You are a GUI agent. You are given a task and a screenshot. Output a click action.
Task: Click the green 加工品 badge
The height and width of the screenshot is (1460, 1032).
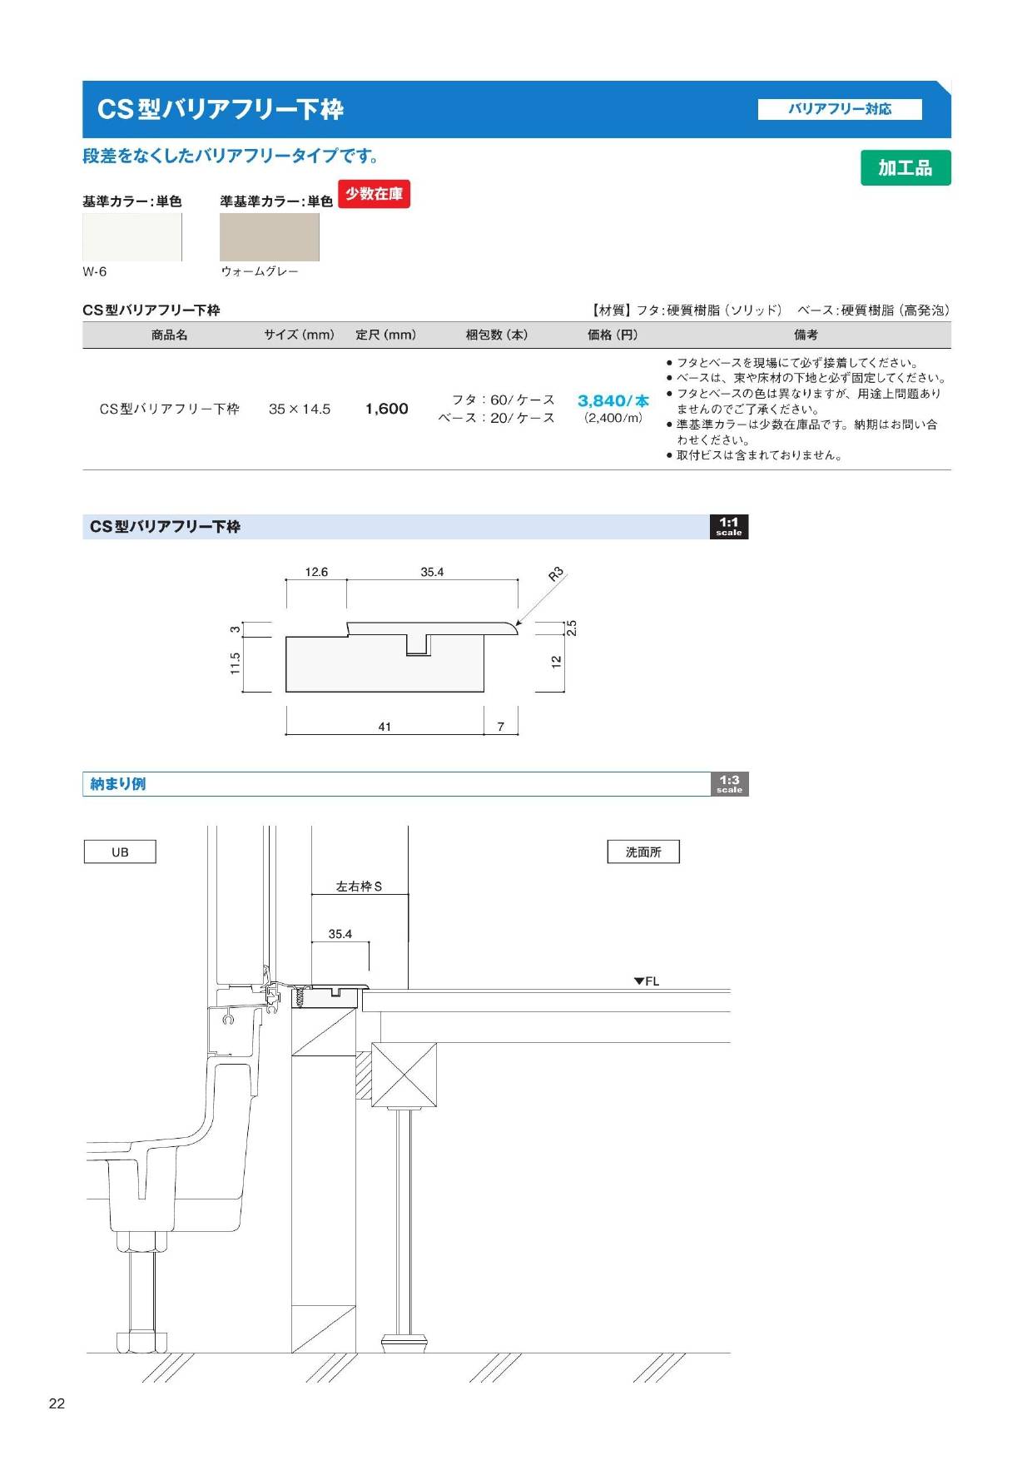coord(905,167)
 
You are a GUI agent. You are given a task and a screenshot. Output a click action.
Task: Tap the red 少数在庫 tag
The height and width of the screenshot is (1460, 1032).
coord(374,194)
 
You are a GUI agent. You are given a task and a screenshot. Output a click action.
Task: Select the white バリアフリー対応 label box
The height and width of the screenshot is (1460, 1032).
coord(840,109)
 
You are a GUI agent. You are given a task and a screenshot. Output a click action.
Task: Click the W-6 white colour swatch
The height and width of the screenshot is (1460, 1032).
coord(132,237)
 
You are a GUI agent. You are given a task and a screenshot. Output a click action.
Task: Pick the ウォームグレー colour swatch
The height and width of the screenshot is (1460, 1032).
coord(270,237)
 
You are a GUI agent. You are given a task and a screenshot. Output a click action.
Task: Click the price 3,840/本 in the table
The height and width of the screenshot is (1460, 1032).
coord(613,400)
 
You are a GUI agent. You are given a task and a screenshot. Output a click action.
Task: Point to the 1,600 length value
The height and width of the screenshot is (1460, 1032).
coord(387,409)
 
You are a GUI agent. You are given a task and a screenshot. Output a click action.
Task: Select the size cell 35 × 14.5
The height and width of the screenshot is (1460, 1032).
coord(300,409)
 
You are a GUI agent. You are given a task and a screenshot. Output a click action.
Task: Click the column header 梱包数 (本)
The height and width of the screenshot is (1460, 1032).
coord(497,335)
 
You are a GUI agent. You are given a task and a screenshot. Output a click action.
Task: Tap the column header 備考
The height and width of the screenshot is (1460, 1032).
coord(806,335)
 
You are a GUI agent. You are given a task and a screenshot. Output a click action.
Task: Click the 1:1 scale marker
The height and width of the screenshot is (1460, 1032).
coord(729,527)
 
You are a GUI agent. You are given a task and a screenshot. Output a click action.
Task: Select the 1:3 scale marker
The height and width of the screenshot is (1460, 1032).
coord(729,784)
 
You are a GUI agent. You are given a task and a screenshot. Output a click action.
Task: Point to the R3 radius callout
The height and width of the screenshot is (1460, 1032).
coord(557,574)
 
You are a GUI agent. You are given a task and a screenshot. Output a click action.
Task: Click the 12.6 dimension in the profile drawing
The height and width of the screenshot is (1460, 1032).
coord(316,572)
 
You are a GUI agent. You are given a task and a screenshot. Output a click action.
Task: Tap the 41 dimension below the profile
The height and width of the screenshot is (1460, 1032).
coord(385,727)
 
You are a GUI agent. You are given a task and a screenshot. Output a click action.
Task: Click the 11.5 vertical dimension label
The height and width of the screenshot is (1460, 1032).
coord(236,663)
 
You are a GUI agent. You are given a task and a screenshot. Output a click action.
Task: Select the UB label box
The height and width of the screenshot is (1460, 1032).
coord(120,852)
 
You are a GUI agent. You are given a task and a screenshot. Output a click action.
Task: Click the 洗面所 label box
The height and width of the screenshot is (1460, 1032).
coord(643,852)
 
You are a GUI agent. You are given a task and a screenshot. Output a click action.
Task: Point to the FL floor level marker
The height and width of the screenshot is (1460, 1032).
coord(647,981)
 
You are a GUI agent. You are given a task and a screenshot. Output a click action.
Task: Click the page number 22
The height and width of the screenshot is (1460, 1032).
coord(57,1403)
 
